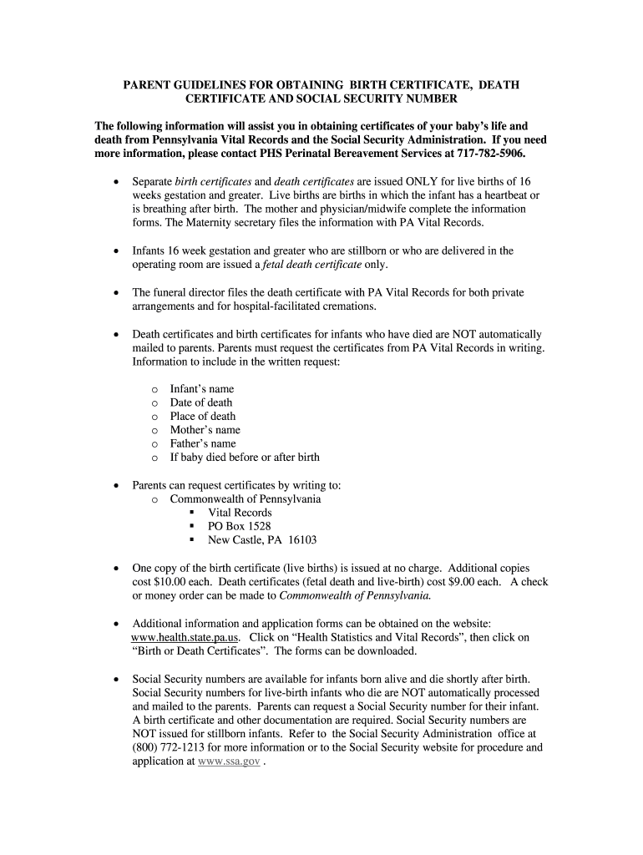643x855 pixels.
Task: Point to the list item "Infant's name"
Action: click(201, 389)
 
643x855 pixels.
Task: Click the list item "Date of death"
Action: click(201, 402)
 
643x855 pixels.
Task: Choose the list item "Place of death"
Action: click(202, 417)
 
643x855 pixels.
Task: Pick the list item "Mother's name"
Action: click(205, 430)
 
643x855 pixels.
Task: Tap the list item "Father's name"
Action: click(203, 443)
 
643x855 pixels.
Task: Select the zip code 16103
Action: click(302, 539)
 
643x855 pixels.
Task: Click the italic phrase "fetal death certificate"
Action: click(312, 264)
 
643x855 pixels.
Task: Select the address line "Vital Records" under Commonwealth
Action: click(240, 513)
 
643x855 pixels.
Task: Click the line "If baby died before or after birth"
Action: click(245, 458)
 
